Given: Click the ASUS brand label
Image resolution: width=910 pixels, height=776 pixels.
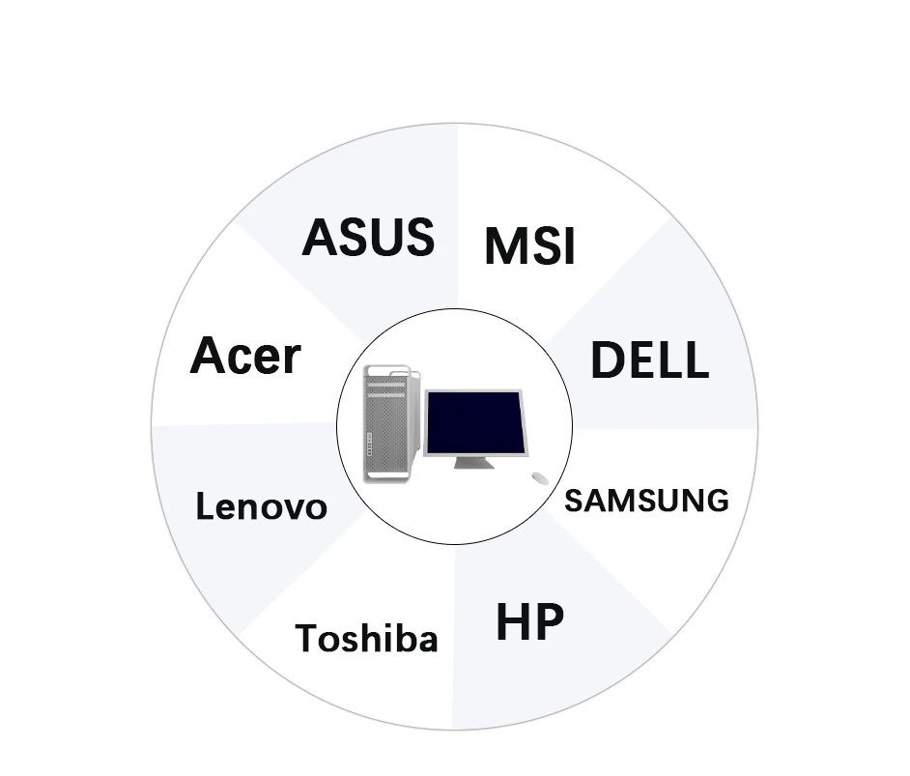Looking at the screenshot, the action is [368, 238].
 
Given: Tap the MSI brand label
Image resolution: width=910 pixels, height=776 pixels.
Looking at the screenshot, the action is [529, 246].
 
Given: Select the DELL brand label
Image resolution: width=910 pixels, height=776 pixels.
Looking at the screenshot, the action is [649, 361].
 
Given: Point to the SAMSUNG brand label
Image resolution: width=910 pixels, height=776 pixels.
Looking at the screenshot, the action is [646, 501].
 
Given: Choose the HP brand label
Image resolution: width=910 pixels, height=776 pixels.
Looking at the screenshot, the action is [529, 622].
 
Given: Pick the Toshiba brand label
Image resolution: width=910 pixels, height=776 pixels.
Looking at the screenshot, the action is [366, 639].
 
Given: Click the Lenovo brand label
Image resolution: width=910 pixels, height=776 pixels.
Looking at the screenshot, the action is [261, 506].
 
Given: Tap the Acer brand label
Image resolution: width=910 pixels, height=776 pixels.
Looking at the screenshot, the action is [245, 356].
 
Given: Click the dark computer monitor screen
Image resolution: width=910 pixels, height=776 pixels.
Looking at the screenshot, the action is [475, 423].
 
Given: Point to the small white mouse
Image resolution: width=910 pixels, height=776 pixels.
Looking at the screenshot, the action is [540, 478].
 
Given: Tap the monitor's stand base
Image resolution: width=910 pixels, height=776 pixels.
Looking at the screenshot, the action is [474, 464].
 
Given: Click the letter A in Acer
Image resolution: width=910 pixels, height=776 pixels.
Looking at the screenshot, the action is [208, 356].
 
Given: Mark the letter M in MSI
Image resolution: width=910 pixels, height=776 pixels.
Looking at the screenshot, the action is [504, 246].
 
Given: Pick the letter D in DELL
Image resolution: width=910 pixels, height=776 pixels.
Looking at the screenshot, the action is [607, 361].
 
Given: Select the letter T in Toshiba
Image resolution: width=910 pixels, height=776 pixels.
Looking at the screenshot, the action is [307, 638].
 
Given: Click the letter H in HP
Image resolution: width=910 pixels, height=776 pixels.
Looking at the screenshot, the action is [513, 622].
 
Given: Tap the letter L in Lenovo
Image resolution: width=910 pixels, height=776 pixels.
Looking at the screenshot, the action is [203, 506].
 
